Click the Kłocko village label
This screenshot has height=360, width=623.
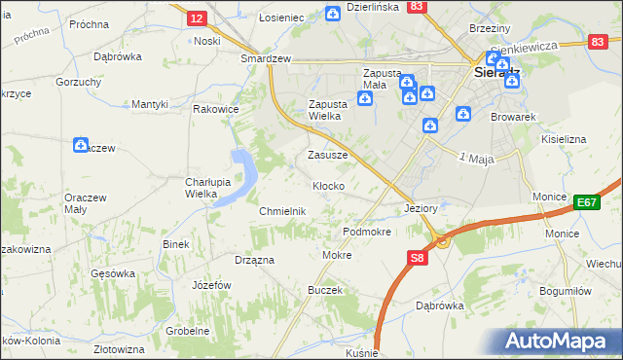(x=327, y=185)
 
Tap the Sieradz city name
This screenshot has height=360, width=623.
(x=495, y=72)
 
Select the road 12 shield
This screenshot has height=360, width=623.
(x=197, y=18)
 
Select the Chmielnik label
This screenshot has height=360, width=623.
(x=282, y=211)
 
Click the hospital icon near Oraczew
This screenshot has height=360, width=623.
(x=82, y=145)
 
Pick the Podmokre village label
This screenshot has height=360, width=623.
(x=367, y=233)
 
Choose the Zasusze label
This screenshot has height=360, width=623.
(x=327, y=155)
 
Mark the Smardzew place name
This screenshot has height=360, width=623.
(x=267, y=58)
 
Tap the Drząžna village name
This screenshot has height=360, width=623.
(x=254, y=260)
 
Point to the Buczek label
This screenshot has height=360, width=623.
(x=325, y=290)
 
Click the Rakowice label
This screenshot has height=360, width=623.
(x=216, y=109)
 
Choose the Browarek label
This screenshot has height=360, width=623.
(x=515, y=117)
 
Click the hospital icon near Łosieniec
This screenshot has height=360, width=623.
(x=333, y=13)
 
